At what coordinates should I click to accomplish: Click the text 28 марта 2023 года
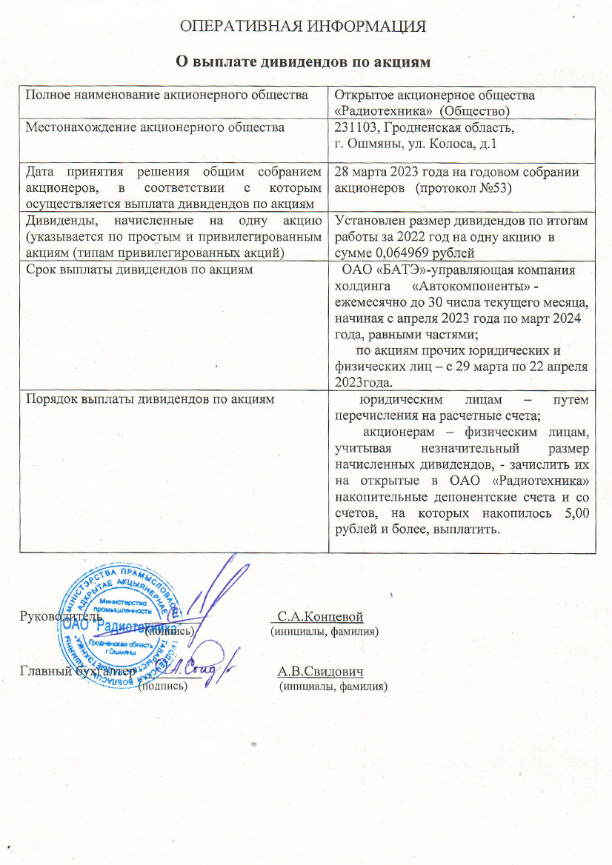393,172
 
